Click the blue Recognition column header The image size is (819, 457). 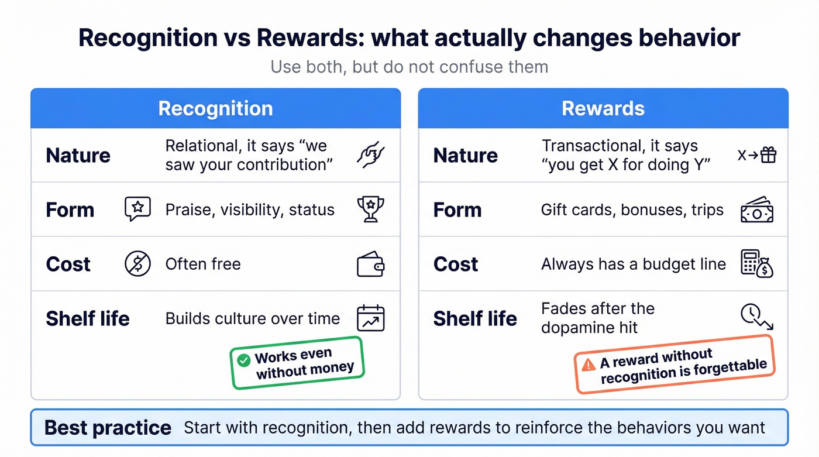[x=215, y=108]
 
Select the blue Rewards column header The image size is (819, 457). [x=603, y=108]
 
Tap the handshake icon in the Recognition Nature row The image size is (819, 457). [x=370, y=155]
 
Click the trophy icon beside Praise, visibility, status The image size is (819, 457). [x=370, y=209]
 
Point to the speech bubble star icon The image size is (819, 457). [x=137, y=209]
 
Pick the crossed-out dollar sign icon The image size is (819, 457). [x=137, y=264]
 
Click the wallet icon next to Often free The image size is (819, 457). [x=370, y=264]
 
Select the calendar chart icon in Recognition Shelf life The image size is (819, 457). [x=370, y=318]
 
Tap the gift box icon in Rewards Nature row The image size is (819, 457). [x=768, y=155]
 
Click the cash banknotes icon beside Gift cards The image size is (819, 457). [x=757, y=209]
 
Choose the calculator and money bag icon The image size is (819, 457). [x=757, y=264]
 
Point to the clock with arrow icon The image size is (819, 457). [x=757, y=317]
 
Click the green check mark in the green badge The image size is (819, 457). [x=243, y=360]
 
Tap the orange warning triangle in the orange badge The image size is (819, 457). [x=588, y=365]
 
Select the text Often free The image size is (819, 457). [x=203, y=264]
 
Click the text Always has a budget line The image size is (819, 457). [x=633, y=264]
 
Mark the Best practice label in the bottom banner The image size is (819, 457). [x=108, y=428]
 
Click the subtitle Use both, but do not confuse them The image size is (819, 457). [x=409, y=67]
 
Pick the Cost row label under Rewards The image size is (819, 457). [x=455, y=264]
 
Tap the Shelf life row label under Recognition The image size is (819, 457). [x=88, y=319]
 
